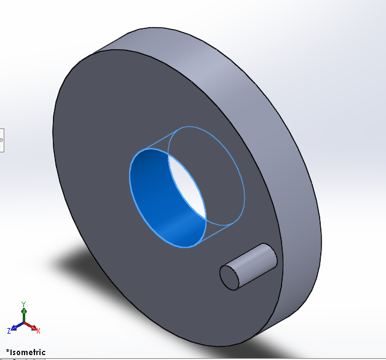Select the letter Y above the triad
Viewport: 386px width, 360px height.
point(23,303)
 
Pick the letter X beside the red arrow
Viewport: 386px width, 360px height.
point(38,331)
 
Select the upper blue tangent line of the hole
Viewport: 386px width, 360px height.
point(163,138)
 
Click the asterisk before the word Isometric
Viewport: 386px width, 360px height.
point(7,351)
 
